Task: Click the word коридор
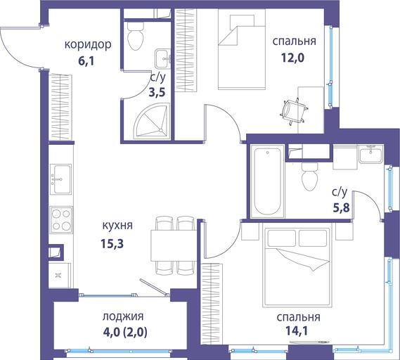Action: [88, 45]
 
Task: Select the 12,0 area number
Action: [292, 58]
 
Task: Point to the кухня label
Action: [117, 226]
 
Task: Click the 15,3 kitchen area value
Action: [112, 243]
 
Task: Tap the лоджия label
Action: [123, 316]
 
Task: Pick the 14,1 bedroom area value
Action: [296, 330]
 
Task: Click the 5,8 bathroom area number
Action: [341, 207]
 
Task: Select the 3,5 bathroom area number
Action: [157, 92]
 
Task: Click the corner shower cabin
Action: [153, 121]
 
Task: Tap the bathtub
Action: [267, 181]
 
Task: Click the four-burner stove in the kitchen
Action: [61, 219]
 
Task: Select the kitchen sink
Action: [60, 179]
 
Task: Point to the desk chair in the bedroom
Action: [293, 112]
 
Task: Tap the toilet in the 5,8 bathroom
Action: [310, 176]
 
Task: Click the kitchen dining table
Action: [174, 245]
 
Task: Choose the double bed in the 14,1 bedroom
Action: [297, 266]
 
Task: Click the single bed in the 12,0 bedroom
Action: [242, 49]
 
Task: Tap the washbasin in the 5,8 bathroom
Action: [370, 154]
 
